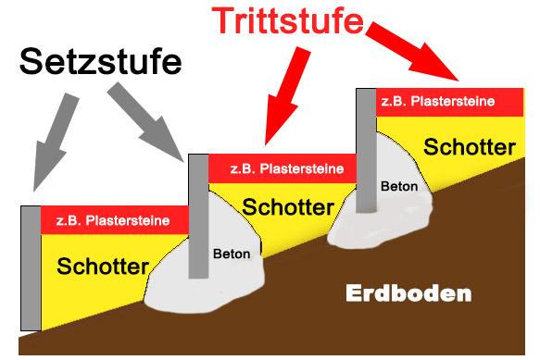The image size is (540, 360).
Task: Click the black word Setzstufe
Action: tap(101, 65)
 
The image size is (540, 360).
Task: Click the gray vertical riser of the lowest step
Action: tap(30, 268)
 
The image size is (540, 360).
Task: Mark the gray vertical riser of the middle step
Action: tap(196, 217)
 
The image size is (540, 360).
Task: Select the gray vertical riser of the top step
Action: tap(365, 148)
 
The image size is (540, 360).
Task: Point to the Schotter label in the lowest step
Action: tap(103, 267)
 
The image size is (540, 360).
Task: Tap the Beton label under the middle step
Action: tap(232, 252)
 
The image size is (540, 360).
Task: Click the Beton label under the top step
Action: tap(398, 186)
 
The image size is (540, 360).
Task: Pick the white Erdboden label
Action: tap(408, 294)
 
